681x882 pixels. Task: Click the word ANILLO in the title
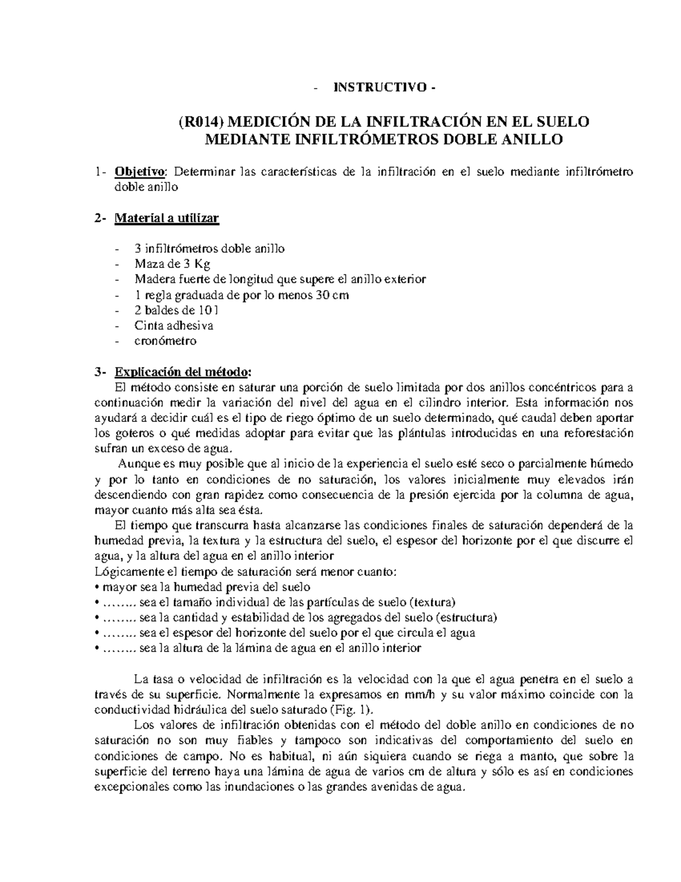pyautogui.click(x=532, y=139)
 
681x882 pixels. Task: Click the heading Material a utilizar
pyautogui.click(x=166, y=218)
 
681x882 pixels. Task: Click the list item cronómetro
pyautogui.click(x=165, y=341)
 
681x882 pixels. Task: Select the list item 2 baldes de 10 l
pyautogui.click(x=176, y=311)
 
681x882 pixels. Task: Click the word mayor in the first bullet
pyautogui.click(x=117, y=587)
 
